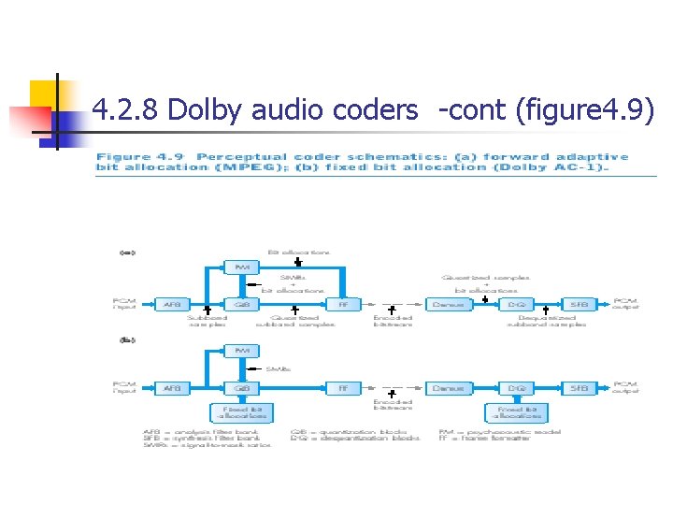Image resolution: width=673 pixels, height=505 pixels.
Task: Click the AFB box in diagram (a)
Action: pyautogui.click(x=173, y=305)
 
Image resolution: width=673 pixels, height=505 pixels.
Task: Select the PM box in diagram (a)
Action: pyautogui.click(x=241, y=267)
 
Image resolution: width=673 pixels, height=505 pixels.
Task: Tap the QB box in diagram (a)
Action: pyautogui.click(x=241, y=305)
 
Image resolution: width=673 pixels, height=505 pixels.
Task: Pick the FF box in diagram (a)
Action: pyautogui.click(x=343, y=305)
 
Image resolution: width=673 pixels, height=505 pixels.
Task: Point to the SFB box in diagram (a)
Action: pyautogui.click(x=580, y=305)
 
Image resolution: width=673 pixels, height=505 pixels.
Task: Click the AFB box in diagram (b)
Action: pyautogui.click(x=173, y=387)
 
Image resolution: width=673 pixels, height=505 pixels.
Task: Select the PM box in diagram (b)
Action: pyautogui.click(x=241, y=351)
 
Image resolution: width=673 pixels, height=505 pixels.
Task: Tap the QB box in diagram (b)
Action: pyautogui.click(x=241, y=387)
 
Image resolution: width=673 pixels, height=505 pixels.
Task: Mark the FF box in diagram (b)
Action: pyautogui.click(x=343, y=387)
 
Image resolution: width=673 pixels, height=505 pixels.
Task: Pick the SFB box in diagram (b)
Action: pyautogui.click(x=580, y=387)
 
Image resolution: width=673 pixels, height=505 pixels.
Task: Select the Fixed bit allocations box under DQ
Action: pyautogui.click(x=515, y=412)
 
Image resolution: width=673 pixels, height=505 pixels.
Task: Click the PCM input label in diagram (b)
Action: pyautogui.click(x=123, y=387)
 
